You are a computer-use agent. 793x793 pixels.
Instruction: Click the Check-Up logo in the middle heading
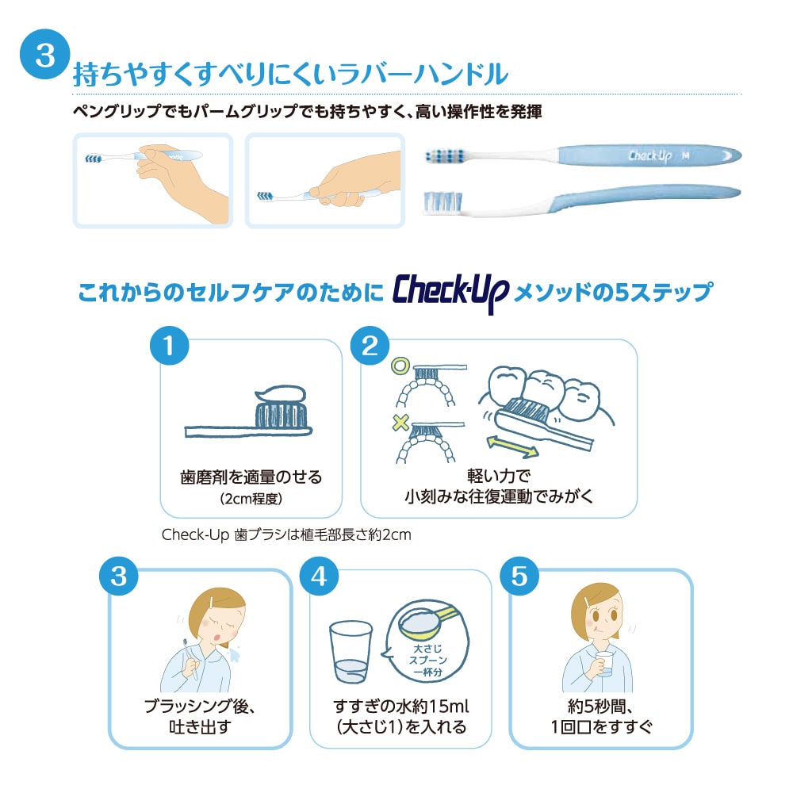pyautogui.click(x=450, y=293)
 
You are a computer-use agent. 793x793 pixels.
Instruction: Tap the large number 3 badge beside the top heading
pyautogui.click(x=44, y=54)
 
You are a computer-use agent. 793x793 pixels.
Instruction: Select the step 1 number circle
pyautogui.click(x=170, y=346)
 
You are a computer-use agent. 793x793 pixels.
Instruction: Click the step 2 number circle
pyautogui.click(x=370, y=346)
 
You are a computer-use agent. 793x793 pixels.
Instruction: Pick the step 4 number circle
pyautogui.click(x=319, y=576)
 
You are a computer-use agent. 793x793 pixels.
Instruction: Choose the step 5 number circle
pyautogui.click(x=519, y=576)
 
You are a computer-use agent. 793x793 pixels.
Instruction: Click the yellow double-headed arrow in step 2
pyautogui.click(x=512, y=446)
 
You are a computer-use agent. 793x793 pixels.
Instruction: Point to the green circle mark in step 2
pyautogui.click(x=400, y=366)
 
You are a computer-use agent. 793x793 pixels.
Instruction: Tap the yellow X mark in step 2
pyautogui.click(x=400, y=422)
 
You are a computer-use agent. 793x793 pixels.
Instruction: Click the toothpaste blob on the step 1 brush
pyautogui.click(x=282, y=394)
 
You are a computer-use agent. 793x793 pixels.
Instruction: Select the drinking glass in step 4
pyautogui.click(x=351, y=653)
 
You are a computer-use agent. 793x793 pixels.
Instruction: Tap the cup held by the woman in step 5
pyautogui.click(x=603, y=664)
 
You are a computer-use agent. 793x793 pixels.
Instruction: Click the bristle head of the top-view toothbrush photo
pyautogui.click(x=445, y=155)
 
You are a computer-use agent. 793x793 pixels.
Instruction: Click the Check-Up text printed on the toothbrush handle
pyautogui.click(x=650, y=155)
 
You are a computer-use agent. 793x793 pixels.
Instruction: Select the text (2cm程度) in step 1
pyautogui.click(x=251, y=499)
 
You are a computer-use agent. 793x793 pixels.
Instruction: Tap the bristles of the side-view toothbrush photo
pyautogui.click(x=442, y=201)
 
